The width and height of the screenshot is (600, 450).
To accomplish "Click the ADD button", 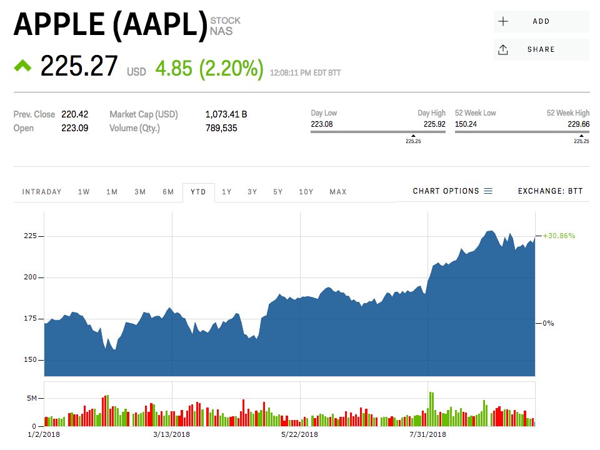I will tap(541, 21).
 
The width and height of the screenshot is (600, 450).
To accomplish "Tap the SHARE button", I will tap(541, 49).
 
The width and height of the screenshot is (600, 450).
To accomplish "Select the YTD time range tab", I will tap(198, 192).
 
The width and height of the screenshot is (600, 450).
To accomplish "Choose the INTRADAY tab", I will tap(42, 192).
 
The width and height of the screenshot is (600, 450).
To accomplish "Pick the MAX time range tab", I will tap(338, 192).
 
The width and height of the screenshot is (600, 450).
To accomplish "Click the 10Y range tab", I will tap(306, 192).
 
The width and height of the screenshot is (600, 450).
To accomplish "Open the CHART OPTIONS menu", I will tap(452, 191).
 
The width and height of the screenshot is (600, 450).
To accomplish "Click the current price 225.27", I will tap(79, 66).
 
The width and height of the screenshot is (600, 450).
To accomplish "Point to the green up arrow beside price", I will tap(23, 65).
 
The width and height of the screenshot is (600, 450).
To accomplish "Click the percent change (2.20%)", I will tap(231, 69).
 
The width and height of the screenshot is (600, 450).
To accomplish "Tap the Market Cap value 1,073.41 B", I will tap(226, 114).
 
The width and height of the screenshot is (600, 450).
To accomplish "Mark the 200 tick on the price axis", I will tap(30, 277).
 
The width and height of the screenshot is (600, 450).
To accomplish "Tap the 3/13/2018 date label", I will tap(171, 434).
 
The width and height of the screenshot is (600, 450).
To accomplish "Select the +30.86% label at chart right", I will tap(559, 236).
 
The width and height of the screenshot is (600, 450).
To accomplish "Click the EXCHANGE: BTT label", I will tap(550, 191).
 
